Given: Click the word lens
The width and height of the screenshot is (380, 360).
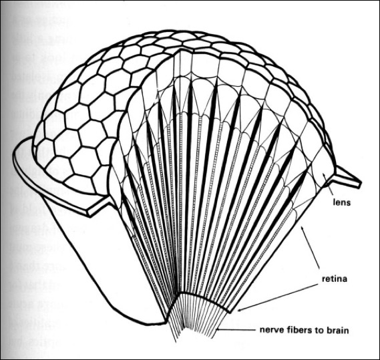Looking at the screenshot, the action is point(342,202).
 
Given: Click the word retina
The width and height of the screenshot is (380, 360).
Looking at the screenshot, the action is point(335,279).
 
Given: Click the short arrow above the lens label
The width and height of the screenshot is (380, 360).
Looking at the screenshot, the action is point(328,185).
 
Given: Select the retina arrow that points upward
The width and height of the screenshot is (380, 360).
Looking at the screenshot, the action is point(309,246).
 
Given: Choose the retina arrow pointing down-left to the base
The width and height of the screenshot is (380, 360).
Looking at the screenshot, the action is point(278,298).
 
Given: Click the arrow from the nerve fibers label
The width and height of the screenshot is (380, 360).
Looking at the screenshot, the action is point(236,330).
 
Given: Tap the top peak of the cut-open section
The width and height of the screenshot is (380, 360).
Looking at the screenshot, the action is point(180,50).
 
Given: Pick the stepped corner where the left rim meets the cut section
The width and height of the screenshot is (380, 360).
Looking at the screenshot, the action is point(90,214).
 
